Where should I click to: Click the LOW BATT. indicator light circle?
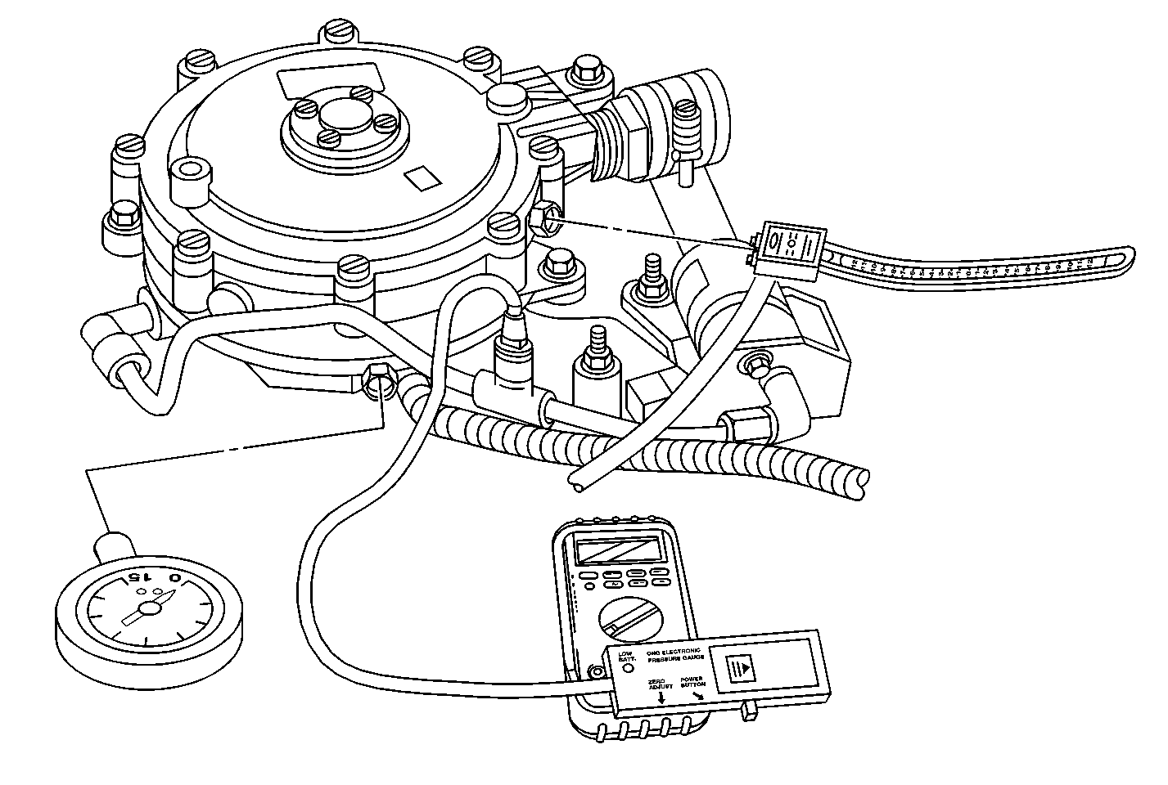[x=629, y=668]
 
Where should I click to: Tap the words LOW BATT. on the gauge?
[x=626, y=655]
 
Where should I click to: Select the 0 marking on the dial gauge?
[x=174, y=579]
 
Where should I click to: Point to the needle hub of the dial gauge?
[x=148, y=608]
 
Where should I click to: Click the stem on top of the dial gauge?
[x=114, y=543]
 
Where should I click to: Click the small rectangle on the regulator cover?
[x=423, y=177]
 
